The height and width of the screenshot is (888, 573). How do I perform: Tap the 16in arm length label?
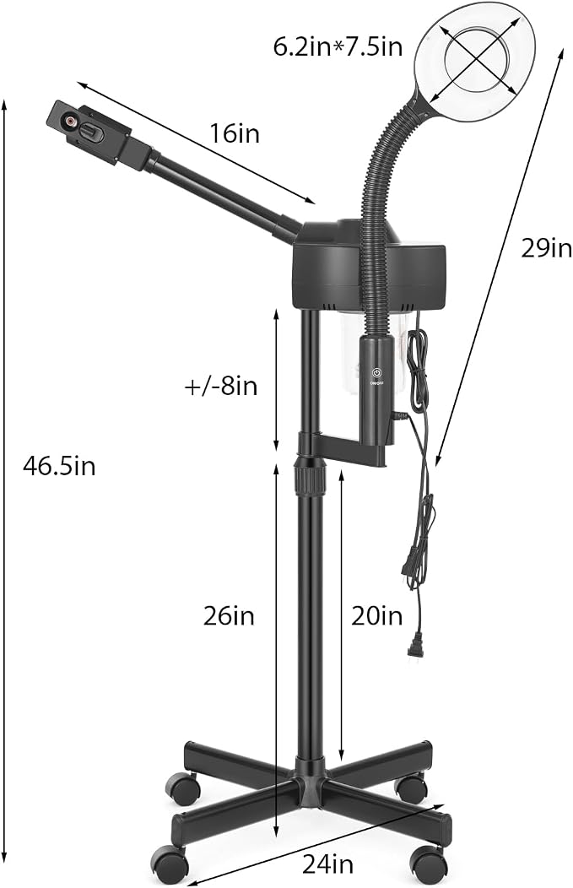tap(235, 133)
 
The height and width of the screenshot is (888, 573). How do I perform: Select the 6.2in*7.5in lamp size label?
tap(338, 46)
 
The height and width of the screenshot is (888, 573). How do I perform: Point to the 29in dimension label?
tap(546, 248)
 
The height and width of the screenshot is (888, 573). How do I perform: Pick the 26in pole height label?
tap(229, 615)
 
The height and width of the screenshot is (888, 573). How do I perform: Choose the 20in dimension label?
tap(377, 615)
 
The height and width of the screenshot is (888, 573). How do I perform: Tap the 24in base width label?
tap(327, 864)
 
